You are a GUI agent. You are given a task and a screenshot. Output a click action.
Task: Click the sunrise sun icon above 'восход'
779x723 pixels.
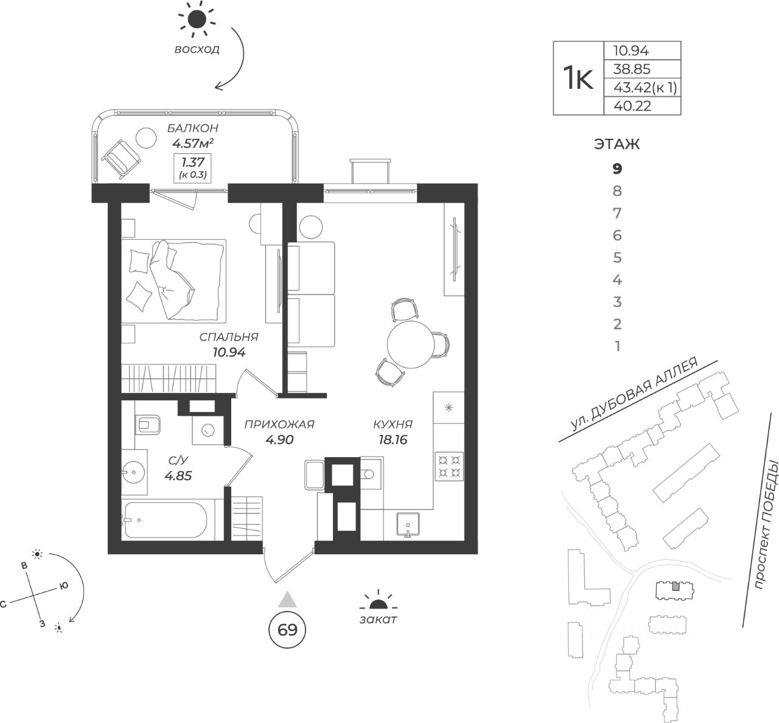197,20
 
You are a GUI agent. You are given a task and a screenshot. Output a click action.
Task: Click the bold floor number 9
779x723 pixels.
618,169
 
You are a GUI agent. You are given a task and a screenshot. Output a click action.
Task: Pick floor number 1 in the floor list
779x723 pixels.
618,346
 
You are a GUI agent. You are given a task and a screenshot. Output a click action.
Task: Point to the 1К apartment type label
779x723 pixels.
577,79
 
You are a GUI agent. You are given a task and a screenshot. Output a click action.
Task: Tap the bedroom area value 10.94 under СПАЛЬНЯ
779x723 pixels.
229,352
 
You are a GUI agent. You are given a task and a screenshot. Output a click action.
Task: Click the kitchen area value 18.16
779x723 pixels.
393,440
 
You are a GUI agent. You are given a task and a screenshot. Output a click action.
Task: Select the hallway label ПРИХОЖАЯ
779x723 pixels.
279,424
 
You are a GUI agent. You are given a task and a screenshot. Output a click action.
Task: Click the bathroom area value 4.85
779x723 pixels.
178,475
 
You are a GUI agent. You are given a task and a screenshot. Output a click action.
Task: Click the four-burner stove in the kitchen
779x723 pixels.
449,466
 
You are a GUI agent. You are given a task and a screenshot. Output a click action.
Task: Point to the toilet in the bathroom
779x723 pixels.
148,424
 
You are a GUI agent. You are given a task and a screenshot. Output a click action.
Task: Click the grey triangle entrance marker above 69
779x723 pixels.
287,599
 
